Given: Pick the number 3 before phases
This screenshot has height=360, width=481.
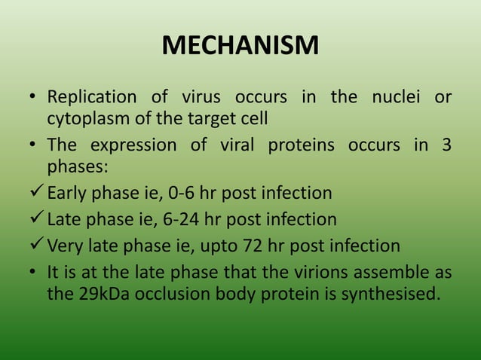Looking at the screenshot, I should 447,145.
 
